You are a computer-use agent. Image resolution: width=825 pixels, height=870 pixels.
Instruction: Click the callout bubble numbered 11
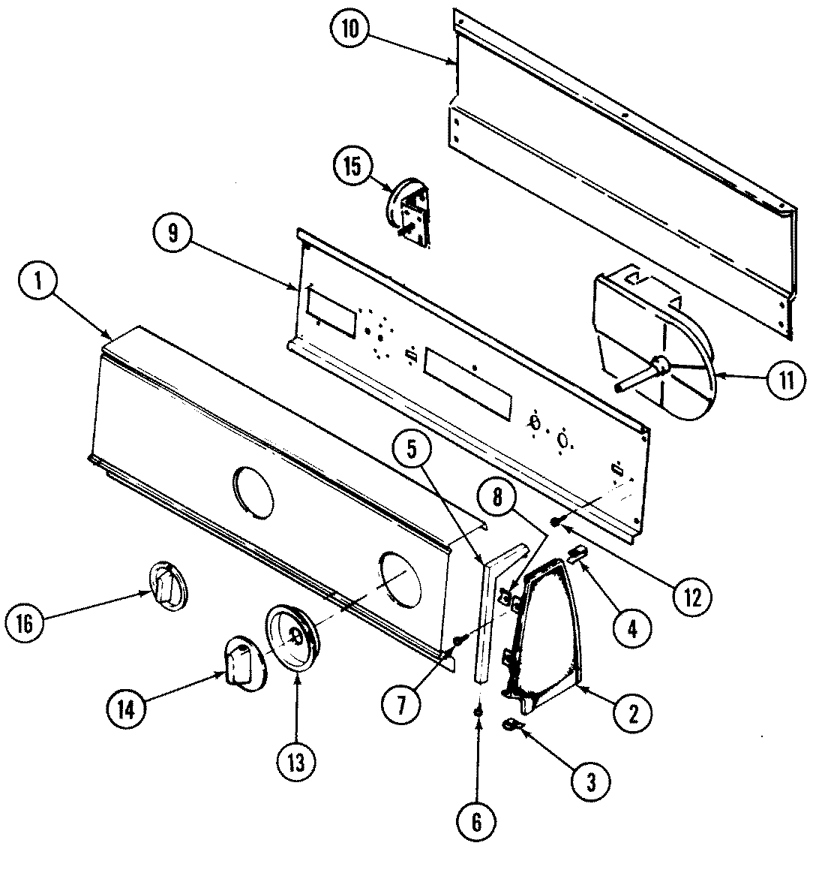(x=784, y=378)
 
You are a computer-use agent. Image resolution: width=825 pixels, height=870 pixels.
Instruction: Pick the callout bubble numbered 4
(x=631, y=628)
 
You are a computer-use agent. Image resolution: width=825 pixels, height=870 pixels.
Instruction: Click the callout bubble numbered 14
(x=125, y=709)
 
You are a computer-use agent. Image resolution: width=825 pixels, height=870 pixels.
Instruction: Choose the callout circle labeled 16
(x=25, y=624)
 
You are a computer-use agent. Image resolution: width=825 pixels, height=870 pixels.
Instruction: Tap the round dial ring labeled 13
(x=293, y=635)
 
